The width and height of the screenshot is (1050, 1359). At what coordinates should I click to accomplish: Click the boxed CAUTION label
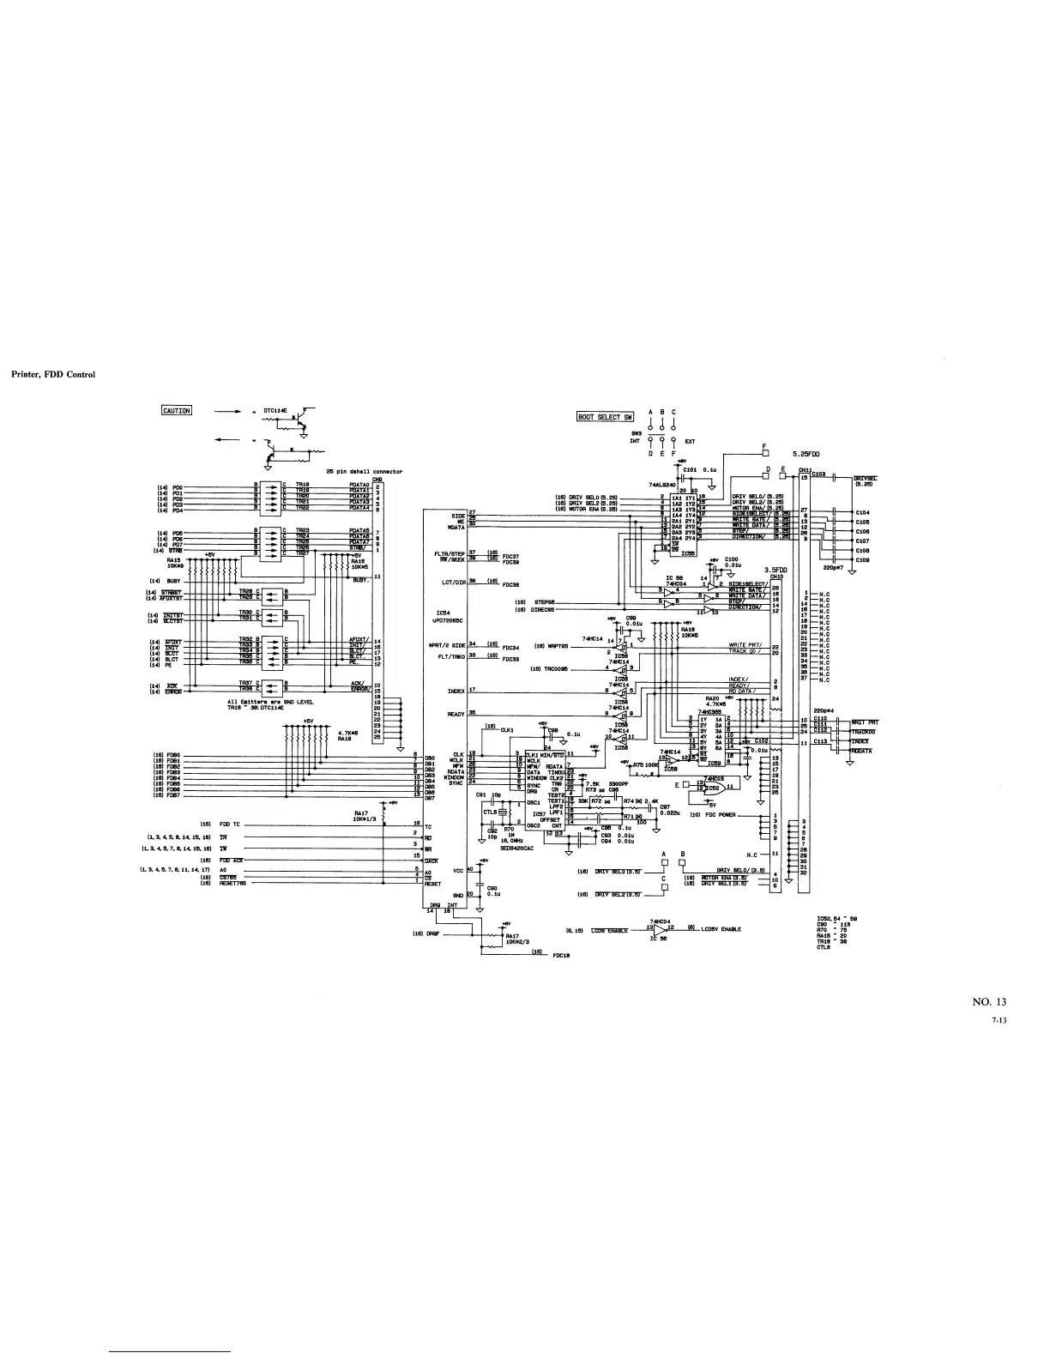pyautogui.click(x=177, y=409)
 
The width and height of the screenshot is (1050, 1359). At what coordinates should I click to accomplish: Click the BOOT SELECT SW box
pyautogui.click(x=605, y=417)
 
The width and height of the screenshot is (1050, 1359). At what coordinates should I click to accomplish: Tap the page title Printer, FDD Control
pyautogui.click(x=52, y=374)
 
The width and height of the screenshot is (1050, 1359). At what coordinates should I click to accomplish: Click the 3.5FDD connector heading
pyautogui.click(x=775, y=569)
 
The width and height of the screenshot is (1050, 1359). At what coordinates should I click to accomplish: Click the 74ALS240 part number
pyautogui.click(x=662, y=484)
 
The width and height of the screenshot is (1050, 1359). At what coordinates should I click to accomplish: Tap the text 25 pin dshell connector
pyautogui.click(x=364, y=471)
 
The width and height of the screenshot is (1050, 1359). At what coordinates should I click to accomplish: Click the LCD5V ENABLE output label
pyautogui.click(x=721, y=929)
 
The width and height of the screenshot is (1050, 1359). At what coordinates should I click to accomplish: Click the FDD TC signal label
pyautogui.click(x=230, y=824)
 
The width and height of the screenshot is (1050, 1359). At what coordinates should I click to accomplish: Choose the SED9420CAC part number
pyautogui.click(x=516, y=846)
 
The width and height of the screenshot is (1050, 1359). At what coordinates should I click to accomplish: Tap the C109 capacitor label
pyautogui.click(x=862, y=560)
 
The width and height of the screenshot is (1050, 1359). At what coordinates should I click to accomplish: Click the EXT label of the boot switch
pyautogui.click(x=690, y=441)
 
